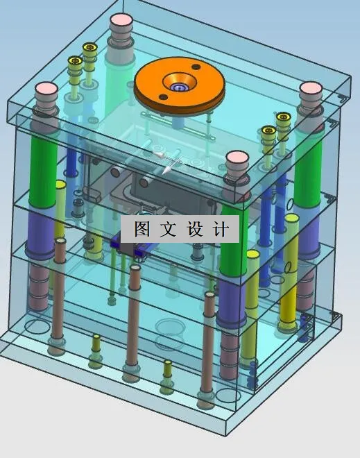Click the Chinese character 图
click(x=142, y=230)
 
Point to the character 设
click(x=194, y=230)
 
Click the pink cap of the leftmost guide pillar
click(x=46, y=90)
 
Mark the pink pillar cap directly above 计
click(x=237, y=158)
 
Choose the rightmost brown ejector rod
click(x=208, y=347)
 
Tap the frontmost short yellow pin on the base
click(x=166, y=375)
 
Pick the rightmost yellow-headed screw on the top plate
click(x=283, y=119)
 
